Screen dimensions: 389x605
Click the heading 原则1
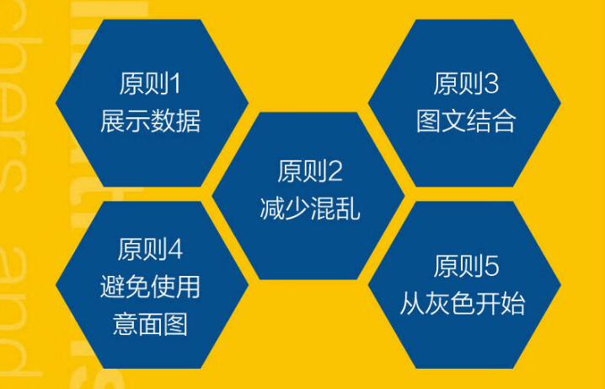[151, 85]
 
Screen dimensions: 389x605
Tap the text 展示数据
[151, 121]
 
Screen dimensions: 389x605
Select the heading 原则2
[309, 172]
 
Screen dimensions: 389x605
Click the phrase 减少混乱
[309, 208]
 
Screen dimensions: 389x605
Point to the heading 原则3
[466, 85]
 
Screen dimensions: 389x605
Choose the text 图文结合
[466, 121]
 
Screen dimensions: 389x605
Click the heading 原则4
[151, 251]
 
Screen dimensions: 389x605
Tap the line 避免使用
[151, 286]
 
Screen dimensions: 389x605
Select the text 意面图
[151, 322]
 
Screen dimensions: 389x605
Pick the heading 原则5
[466, 268]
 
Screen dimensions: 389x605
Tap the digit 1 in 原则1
[175, 85]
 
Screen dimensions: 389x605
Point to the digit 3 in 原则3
[491, 85]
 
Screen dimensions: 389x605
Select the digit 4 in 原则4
[175, 251]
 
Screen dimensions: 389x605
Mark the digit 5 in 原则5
[491, 268]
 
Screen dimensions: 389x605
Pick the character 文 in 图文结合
[453, 121]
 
